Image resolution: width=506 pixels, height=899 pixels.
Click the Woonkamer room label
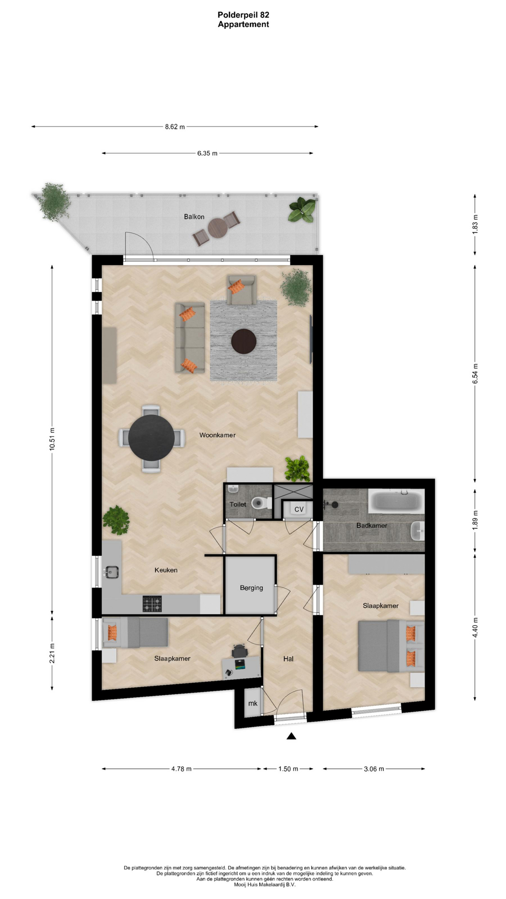tap(217, 435)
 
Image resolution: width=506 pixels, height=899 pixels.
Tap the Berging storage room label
tap(251, 588)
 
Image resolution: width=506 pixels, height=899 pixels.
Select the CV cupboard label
tap(299, 509)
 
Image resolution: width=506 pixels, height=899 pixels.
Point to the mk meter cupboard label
tap(253, 703)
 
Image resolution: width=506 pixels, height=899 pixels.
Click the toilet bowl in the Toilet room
tap(261, 503)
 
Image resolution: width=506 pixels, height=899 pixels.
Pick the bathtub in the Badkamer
tap(396, 501)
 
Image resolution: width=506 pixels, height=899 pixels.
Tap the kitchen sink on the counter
tap(112, 572)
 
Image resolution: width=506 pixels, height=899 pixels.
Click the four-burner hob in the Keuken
tap(152, 604)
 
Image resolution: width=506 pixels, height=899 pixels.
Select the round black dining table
tap(151, 437)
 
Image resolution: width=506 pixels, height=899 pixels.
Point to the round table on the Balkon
tap(217, 228)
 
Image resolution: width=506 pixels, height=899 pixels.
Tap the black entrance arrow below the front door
tap(291, 736)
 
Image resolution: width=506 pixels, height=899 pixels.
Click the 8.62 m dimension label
tap(175, 126)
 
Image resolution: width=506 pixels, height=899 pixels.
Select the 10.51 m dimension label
tap(52, 439)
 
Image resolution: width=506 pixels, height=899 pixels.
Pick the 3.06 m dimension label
tap(374, 769)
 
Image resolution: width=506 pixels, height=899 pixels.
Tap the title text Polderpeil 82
tap(243, 15)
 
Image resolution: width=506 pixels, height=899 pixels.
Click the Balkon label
tap(194, 217)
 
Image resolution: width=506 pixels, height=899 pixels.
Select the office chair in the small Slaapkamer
tap(239, 650)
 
